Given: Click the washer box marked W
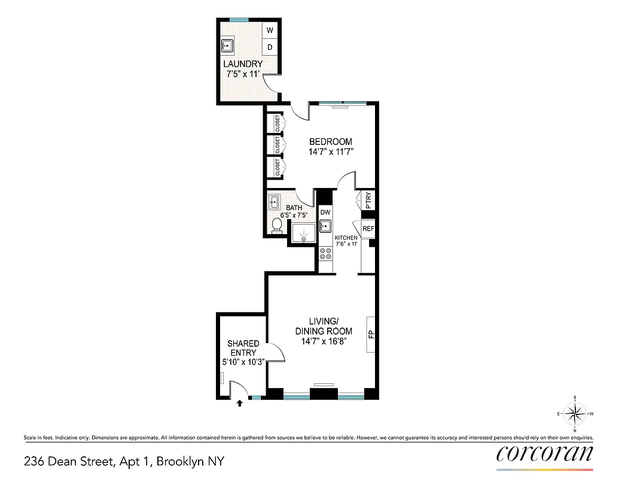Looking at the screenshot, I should point(270,30).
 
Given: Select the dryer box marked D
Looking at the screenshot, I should point(270,47).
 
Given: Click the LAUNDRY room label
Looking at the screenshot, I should point(243,64).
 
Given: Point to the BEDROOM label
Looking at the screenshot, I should point(330,142).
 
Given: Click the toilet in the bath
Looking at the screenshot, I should point(276,225).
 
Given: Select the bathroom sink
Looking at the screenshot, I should point(275,201).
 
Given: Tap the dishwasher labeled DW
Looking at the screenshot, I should point(325,212).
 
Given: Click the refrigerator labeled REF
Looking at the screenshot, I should point(368,229).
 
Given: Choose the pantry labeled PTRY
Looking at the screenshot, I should point(368,199).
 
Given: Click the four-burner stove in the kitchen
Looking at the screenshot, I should point(326,254).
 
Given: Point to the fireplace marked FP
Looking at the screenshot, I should point(371,334).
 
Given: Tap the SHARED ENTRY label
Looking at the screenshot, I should point(243,348).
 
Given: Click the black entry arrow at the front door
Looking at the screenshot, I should point(240,404).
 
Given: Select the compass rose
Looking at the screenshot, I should point(575,413).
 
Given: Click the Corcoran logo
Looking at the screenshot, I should point(545,453).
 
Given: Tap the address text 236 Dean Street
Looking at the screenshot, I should point(72,462).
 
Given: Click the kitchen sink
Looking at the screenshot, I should point(325,226).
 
